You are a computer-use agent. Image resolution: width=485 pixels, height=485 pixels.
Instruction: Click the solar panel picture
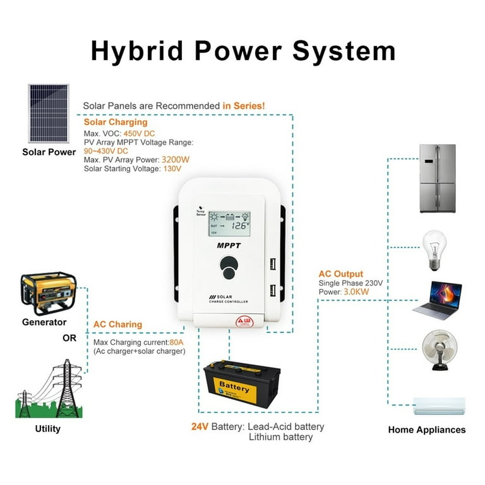(x=49, y=114)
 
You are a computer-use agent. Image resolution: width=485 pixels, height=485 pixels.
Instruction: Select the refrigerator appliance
(x=438, y=179)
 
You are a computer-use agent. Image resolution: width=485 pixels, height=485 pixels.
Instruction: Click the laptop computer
(x=437, y=299)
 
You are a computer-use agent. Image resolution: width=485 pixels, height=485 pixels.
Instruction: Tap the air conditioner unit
(x=439, y=405)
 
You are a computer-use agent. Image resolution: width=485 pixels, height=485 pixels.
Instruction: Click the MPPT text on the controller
(x=229, y=245)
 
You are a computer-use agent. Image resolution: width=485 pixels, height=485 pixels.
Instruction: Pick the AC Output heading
(x=341, y=274)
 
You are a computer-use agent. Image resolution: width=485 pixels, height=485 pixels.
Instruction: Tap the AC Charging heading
(x=117, y=325)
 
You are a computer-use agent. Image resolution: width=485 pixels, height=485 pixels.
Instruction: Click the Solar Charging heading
(x=116, y=123)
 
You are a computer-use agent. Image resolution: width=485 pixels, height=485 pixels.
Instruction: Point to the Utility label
(x=48, y=429)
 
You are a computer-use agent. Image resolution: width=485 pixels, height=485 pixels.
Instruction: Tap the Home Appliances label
(x=427, y=430)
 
